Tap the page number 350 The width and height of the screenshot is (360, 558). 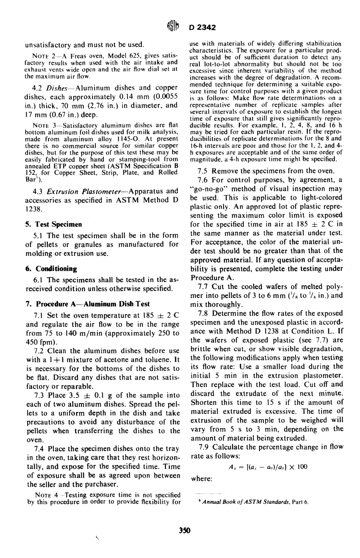pyautogui.click(x=184, y=530)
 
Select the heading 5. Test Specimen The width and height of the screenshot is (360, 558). pyautogui.click(x=53, y=224)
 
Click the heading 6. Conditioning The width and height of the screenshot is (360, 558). pyautogui.click(x=51, y=269)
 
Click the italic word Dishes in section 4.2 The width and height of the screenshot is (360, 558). pyautogui.click(x=62, y=88)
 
